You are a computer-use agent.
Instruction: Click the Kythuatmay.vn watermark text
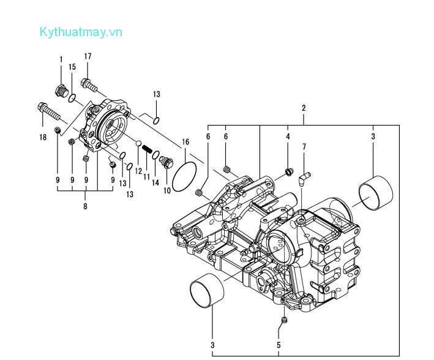[81, 32]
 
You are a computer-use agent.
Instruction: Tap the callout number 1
[61, 59]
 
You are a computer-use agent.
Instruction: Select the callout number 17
[88, 56]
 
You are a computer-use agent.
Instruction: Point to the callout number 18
[43, 138]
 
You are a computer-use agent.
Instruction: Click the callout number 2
[304, 108]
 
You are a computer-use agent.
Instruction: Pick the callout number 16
[185, 142]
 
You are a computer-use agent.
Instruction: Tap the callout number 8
[85, 206]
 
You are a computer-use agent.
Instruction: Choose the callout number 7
[304, 147]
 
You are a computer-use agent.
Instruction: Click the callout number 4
[288, 136]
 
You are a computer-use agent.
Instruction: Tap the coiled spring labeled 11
[147, 149]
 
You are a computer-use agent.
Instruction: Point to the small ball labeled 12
[138, 144]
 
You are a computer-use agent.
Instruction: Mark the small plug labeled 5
[283, 320]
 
